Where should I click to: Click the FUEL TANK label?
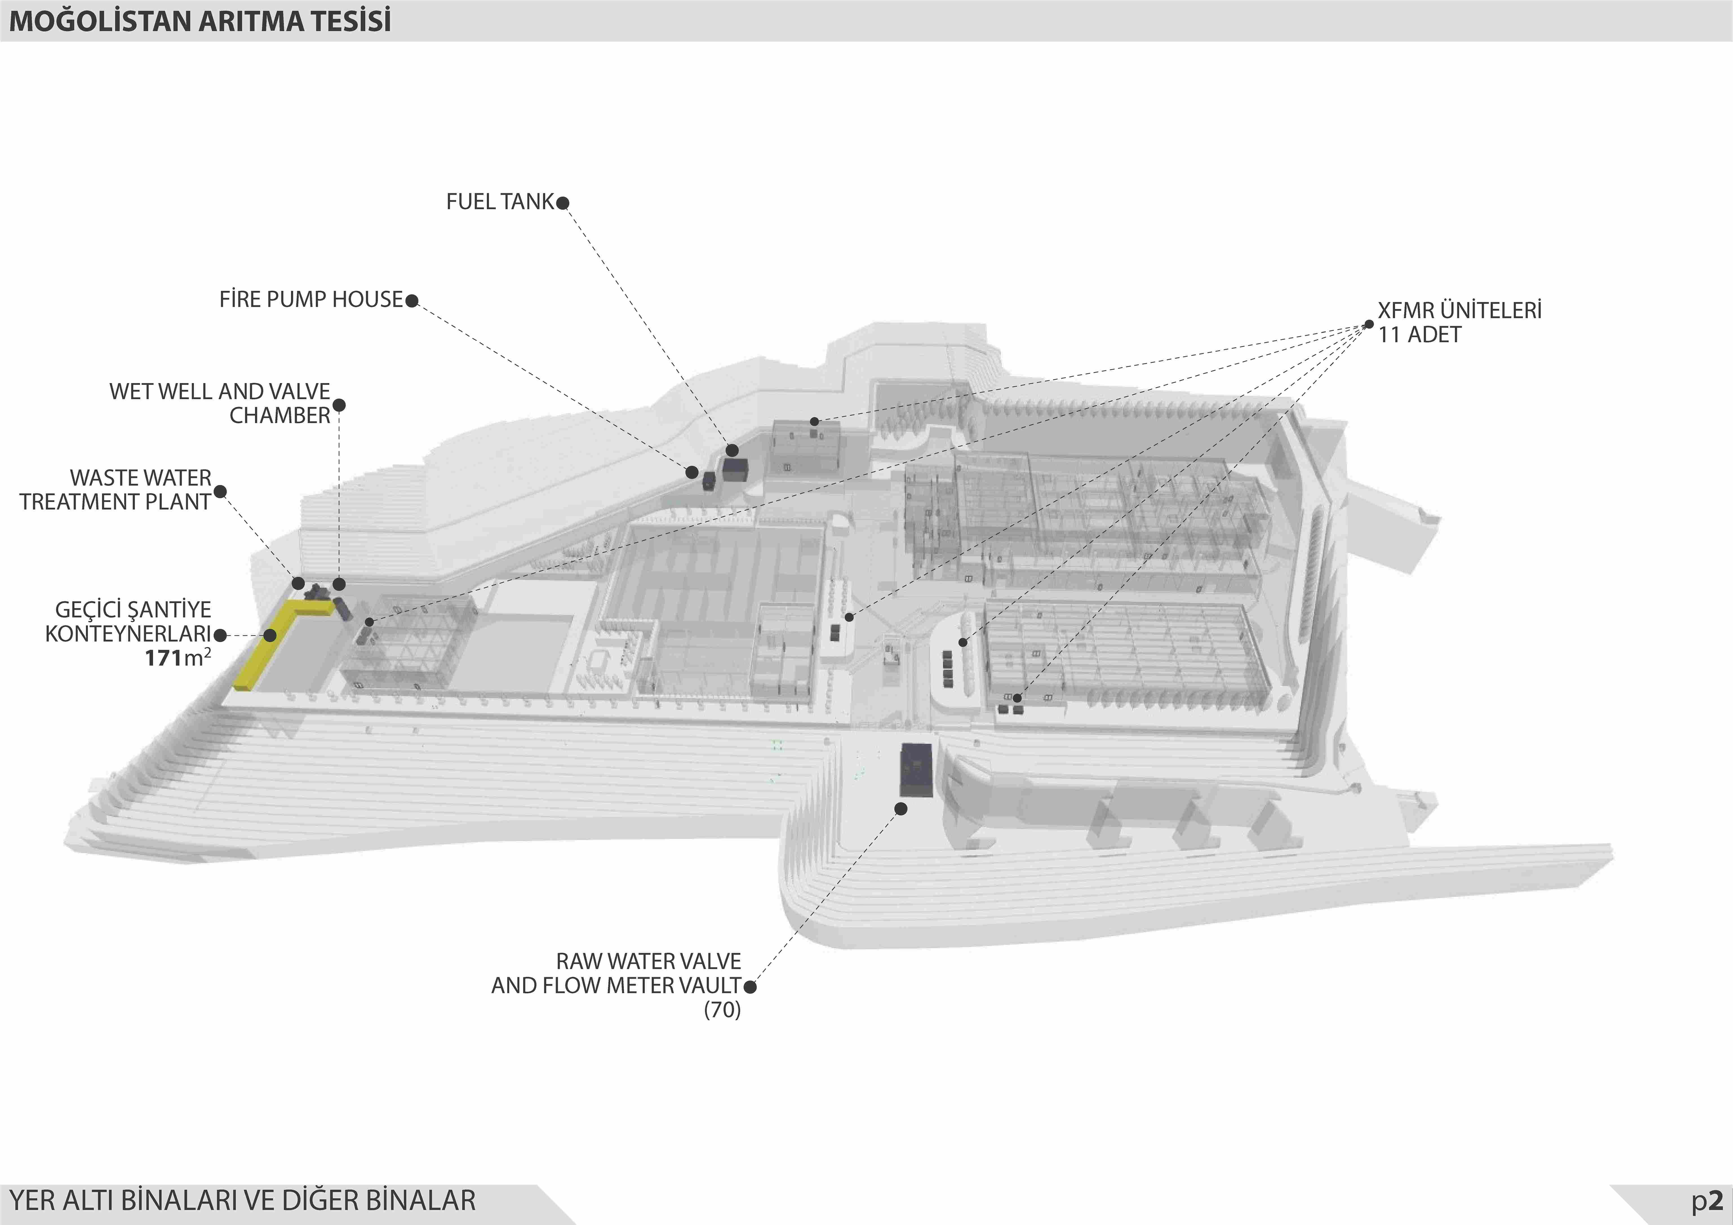[x=500, y=201]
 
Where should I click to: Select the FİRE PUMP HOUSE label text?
[x=311, y=300]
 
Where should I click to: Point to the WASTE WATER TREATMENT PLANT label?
[x=116, y=490]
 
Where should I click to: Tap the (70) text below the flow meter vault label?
[x=722, y=1010]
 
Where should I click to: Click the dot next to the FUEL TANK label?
[x=562, y=202]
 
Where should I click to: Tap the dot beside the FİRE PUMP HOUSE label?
[x=411, y=300]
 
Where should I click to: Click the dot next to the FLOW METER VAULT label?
[x=749, y=986]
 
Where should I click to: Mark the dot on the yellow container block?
[x=269, y=635]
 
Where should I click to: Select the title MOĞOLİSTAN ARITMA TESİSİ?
[x=200, y=21]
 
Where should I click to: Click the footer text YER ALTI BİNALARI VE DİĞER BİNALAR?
[x=242, y=1200]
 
